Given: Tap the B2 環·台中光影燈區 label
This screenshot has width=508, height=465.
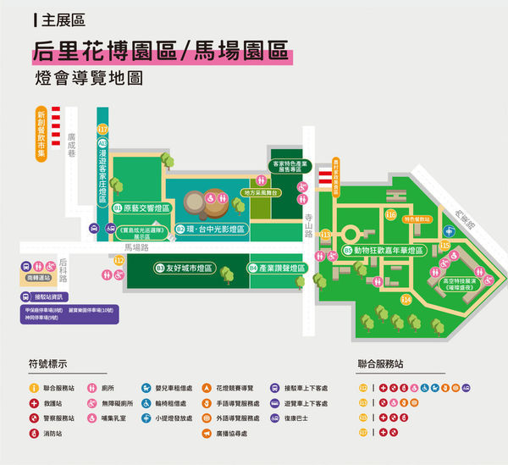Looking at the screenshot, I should [212, 229].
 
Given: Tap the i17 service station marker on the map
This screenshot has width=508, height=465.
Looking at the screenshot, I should [103, 130].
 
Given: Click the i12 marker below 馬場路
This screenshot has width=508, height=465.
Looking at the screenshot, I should [119, 261].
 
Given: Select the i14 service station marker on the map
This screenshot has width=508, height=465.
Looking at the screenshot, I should [406, 300].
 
